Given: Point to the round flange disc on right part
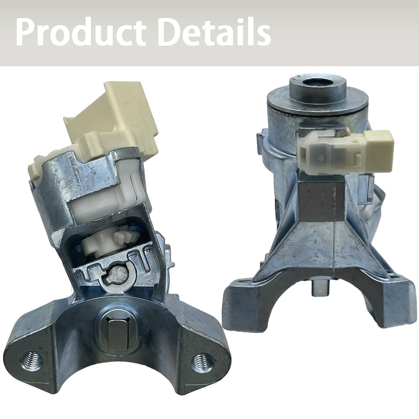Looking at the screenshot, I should [x=317, y=101].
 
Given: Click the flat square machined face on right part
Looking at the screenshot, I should [x=323, y=201].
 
